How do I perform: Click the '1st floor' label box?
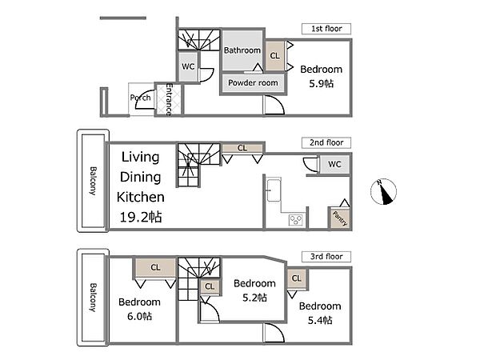326,29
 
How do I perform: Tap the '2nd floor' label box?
326,142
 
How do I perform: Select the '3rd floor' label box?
326,257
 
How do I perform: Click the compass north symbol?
383,192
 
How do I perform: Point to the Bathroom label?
242,50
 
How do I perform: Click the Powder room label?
253,82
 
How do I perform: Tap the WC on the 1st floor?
188,66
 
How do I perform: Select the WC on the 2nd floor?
334,164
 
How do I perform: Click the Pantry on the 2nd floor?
340,218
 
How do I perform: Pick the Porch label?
141,98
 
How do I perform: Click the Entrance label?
169,99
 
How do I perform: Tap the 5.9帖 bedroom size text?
321,83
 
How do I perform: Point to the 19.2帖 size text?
141,217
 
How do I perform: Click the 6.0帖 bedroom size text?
139,316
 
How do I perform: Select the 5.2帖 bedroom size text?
254,298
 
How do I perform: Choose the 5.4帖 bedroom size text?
320,320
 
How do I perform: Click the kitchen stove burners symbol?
296,220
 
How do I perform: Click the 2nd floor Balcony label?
93,181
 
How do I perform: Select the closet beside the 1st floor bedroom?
275,56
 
